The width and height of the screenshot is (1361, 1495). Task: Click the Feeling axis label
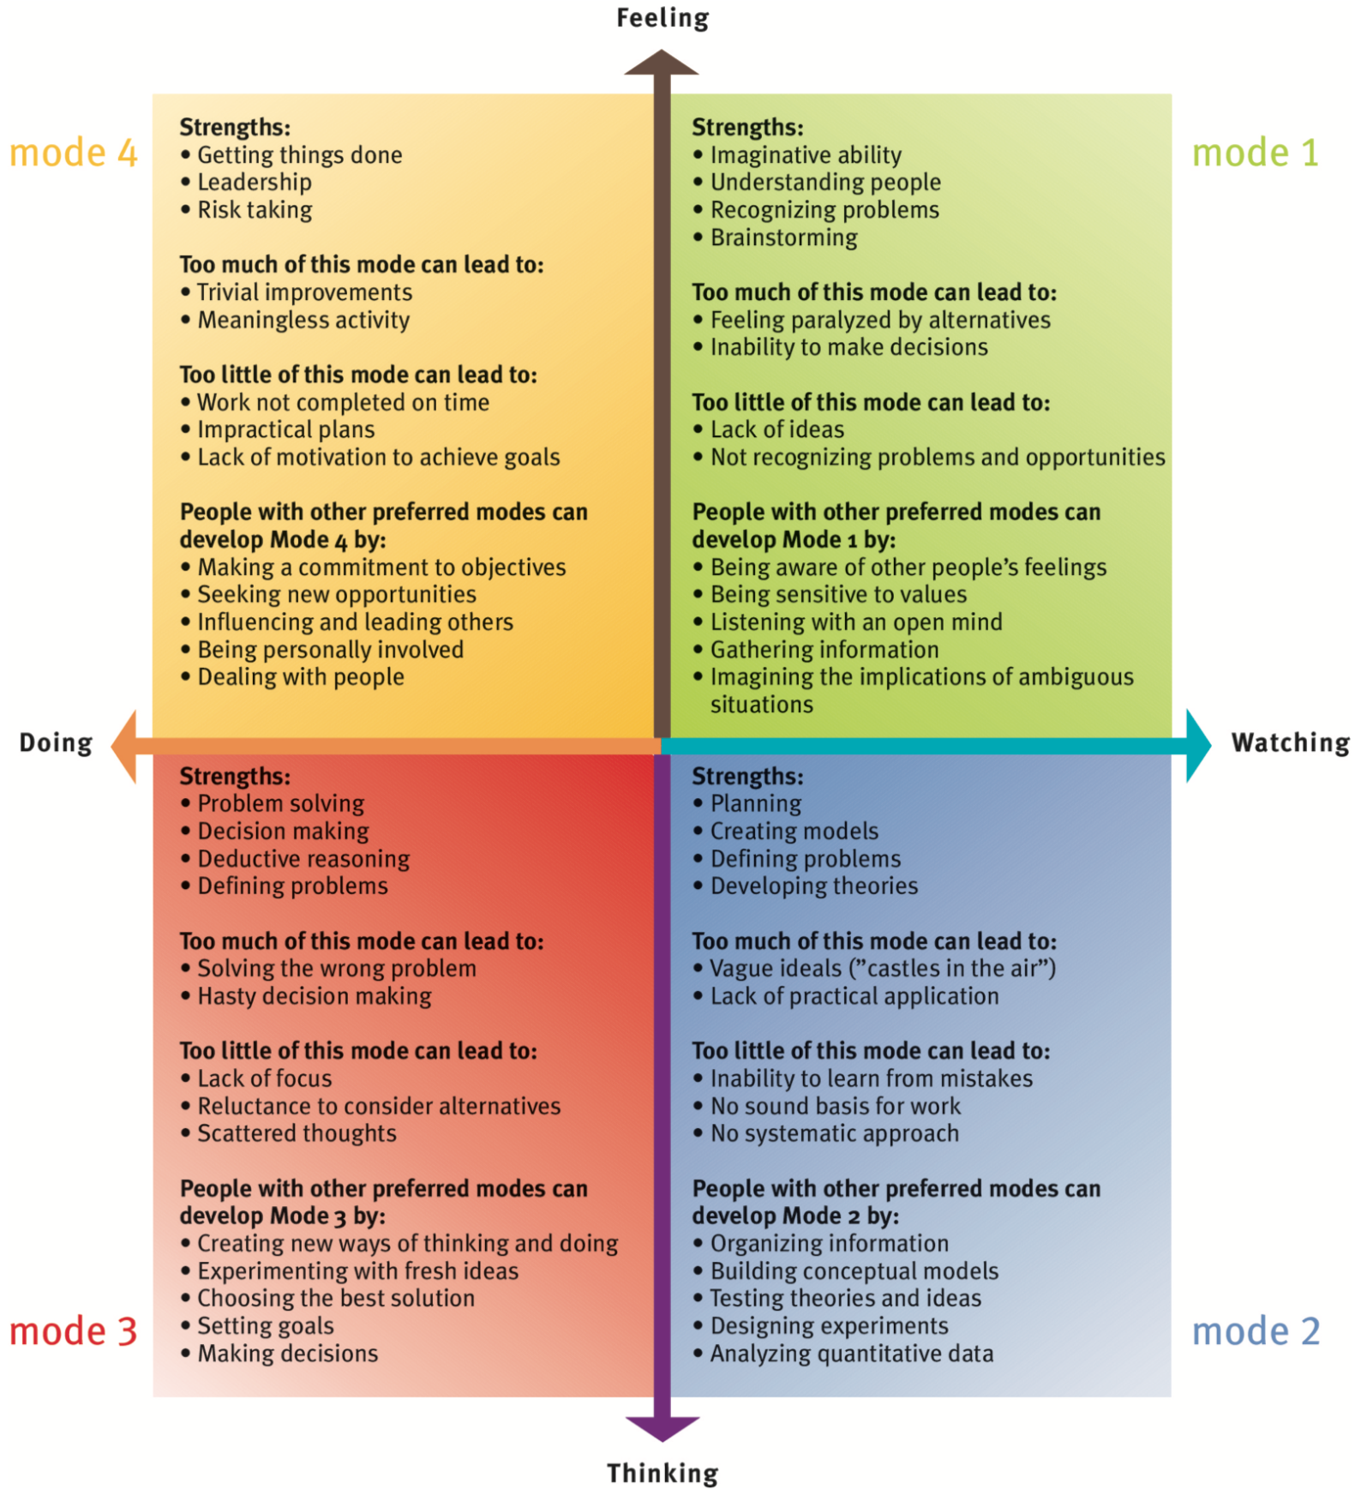point(663,18)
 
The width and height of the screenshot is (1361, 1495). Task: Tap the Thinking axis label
point(663,1473)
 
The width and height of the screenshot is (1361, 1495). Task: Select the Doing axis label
point(56,742)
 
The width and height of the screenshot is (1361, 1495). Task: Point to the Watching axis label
point(1290,742)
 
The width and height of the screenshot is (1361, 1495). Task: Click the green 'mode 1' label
point(1255,153)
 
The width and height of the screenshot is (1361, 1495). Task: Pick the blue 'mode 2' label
point(1256,1331)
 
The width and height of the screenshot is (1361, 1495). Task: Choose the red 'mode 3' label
point(73,1331)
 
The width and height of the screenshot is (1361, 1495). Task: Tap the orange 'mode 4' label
point(73,153)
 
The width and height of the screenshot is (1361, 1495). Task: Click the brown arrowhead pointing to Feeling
point(662,63)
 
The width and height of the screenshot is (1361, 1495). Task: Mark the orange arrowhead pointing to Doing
point(125,746)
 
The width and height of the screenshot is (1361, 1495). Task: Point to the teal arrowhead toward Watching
point(1197,746)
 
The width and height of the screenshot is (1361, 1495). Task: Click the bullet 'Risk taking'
point(255,210)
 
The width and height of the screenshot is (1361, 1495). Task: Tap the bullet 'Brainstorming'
point(783,237)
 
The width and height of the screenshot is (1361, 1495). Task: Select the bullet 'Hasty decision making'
point(315,996)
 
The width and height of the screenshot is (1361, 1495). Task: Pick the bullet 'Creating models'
point(794,832)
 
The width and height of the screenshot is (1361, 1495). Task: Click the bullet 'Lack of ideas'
point(776,429)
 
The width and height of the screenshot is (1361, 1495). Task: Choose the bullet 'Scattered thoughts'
point(297,1133)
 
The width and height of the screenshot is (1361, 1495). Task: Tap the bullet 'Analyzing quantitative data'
point(851,1354)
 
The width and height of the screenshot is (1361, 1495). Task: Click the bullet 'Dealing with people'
point(301,677)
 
